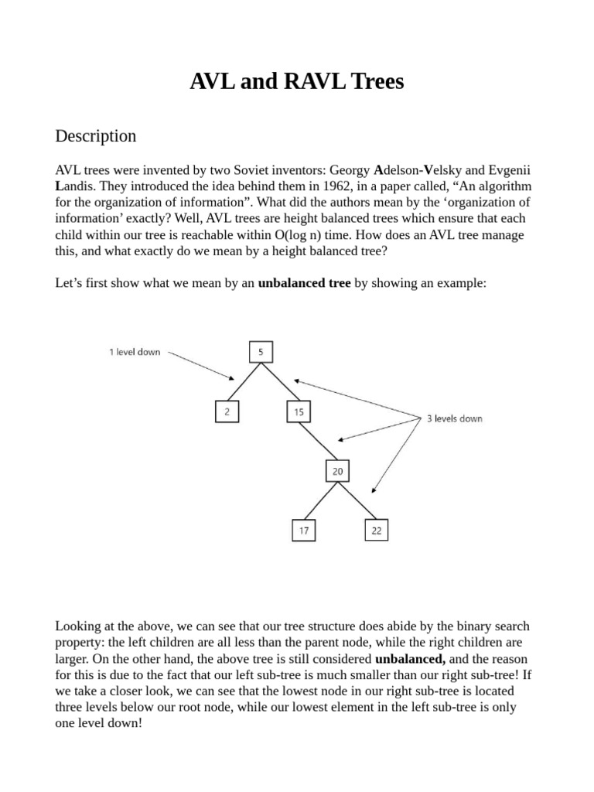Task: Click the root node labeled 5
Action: (261, 353)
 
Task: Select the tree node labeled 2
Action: (227, 412)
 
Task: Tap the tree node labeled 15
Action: (299, 412)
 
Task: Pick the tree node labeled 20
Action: (337, 471)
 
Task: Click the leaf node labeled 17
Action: (302, 531)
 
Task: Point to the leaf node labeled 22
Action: (376, 531)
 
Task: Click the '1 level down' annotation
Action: (135, 352)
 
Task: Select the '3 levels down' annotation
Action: (454, 418)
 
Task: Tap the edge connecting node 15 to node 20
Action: (318, 442)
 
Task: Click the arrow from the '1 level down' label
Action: (201, 366)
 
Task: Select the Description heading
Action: (96, 136)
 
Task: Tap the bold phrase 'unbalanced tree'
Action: (304, 283)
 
